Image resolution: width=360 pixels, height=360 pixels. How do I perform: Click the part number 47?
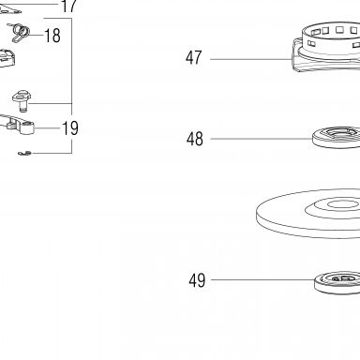(x=193, y=58)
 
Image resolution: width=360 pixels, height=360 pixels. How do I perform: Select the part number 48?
(x=195, y=139)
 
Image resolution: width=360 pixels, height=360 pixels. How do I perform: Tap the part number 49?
(x=197, y=280)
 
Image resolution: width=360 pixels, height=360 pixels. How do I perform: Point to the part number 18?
(x=52, y=36)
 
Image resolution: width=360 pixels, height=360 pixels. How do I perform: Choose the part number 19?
(x=70, y=128)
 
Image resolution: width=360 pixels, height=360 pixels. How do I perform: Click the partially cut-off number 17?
(x=68, y=6)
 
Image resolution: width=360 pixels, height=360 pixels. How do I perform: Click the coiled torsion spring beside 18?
(x=21, y=33)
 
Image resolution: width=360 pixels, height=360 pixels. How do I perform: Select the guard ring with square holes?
(x=326, y=47)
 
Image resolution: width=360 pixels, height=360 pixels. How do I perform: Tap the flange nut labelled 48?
(x=337, y=137)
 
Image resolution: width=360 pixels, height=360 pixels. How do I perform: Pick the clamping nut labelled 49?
(x=337, y=283)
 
